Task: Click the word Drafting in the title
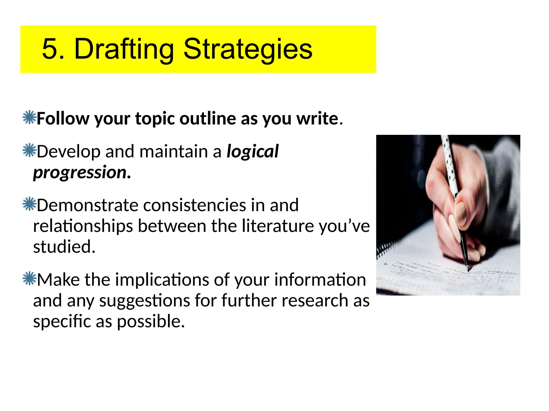124,49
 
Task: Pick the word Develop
69,152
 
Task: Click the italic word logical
253,152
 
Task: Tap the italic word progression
80,173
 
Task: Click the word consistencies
195,205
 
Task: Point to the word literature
278,226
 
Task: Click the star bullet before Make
29,278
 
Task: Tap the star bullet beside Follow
29,117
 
